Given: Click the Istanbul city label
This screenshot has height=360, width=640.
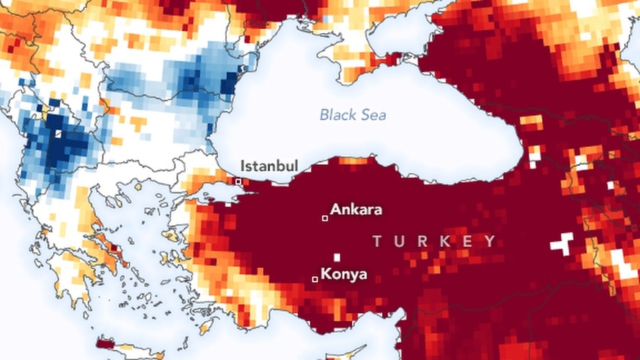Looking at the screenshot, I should click(269, 166).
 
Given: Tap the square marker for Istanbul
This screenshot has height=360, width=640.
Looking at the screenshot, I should click(238, 182).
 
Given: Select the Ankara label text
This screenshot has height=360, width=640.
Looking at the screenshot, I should click(356, 210).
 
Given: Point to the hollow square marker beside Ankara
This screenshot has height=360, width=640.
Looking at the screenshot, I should click(325, 217).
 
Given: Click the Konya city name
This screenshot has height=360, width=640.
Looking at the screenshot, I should click(343, 274).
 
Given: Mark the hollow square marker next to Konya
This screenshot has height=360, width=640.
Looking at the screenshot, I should click(315, 279).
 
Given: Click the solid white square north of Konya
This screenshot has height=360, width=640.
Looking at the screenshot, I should click(336, 257).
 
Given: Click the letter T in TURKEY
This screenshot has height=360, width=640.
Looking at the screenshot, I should click(377, 241).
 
